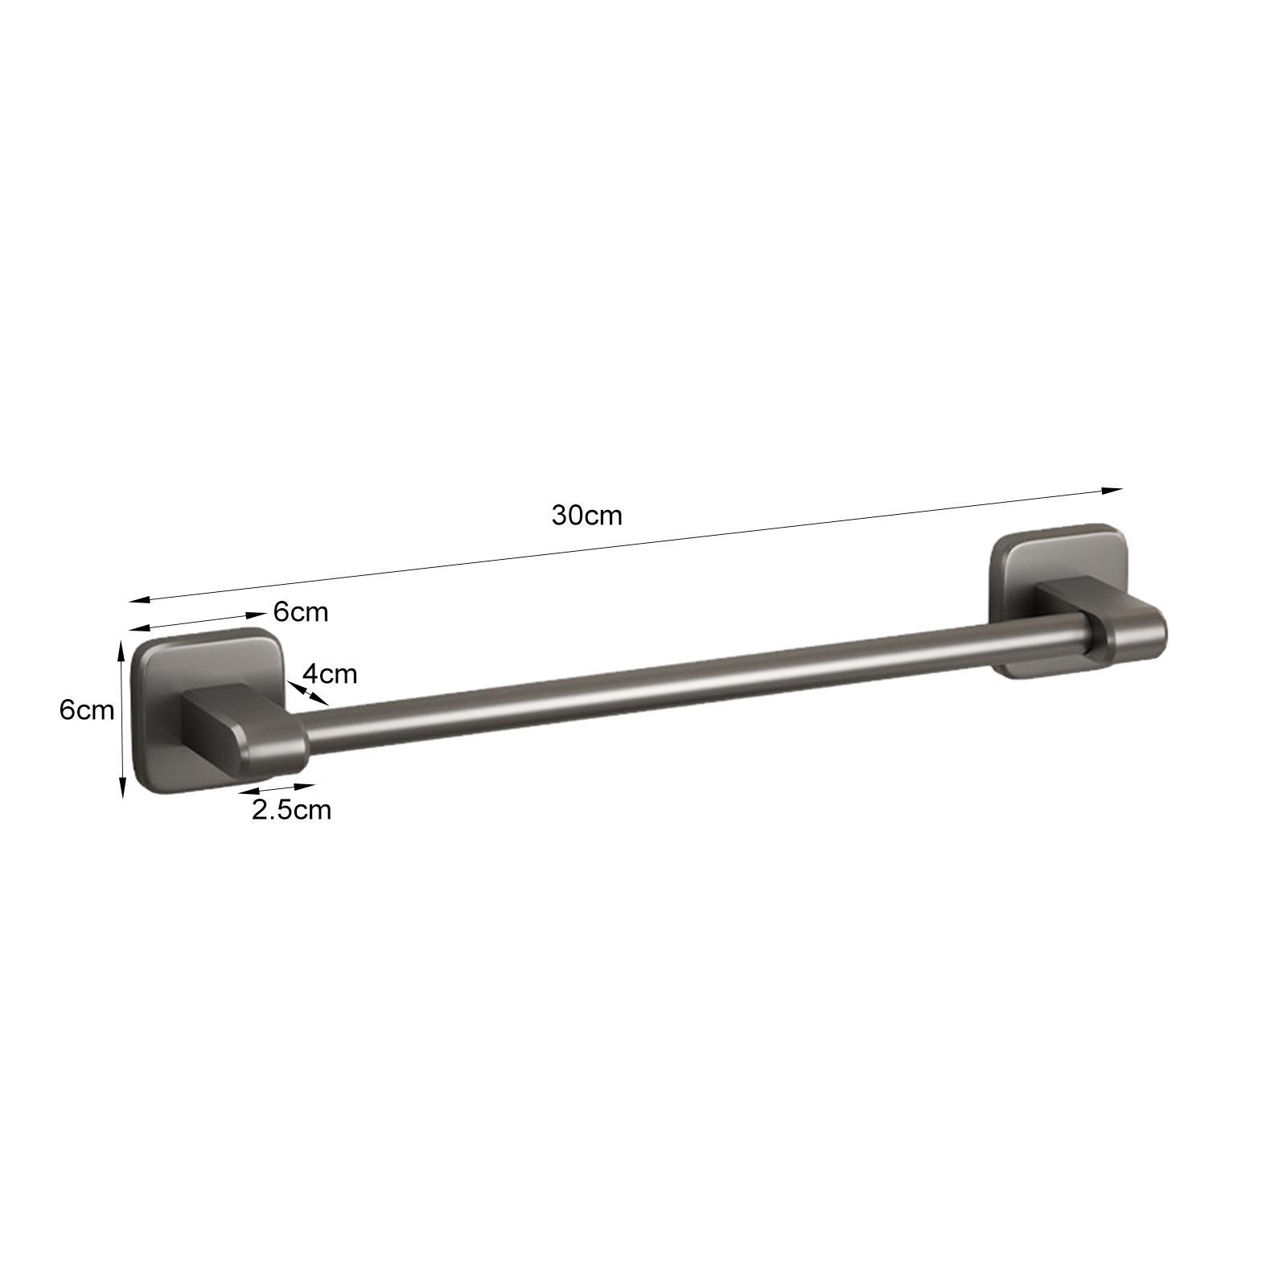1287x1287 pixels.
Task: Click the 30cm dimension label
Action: click(x=586, y=516)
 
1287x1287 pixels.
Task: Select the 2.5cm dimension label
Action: click(x=291, y=809)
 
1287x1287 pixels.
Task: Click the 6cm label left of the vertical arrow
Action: click(x=87, y=710)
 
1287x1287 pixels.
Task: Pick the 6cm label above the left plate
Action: click(x=301, y=612)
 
